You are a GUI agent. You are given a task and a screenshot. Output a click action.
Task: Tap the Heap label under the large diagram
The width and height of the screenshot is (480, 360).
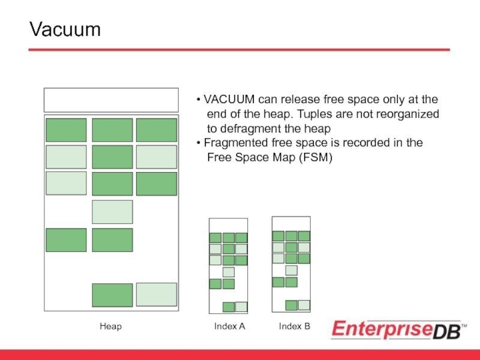click(110, 326)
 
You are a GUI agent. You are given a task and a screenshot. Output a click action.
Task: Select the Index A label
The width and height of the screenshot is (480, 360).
click(230, 326)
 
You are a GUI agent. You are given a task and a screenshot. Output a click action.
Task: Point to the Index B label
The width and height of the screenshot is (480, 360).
click(295, 326)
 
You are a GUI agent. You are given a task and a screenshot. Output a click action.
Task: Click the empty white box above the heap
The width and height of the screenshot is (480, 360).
click(111, 100)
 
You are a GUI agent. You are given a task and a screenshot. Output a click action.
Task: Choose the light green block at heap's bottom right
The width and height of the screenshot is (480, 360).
click(157, 295)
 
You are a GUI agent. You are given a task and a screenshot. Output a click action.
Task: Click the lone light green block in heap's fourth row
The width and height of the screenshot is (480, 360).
click(112, 212)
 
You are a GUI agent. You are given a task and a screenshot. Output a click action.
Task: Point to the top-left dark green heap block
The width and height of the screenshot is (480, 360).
click(66, 130)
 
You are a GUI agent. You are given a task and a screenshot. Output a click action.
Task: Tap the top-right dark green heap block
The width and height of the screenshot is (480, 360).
click(157, 130)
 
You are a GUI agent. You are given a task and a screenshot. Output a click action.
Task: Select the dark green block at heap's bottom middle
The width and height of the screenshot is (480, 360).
click(112, 295)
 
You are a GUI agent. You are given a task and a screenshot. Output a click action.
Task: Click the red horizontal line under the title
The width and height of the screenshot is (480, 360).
click(240, 50)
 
